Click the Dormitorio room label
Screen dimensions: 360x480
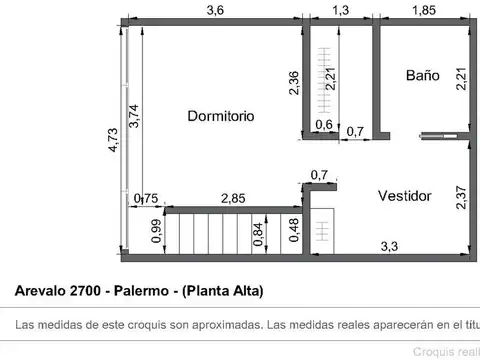pyautogui.click(x=221, y=116)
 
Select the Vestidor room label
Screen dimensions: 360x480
pyautogui.click(x=405, y=196)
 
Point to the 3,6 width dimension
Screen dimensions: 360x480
pyautogui.click(x=215, y=10)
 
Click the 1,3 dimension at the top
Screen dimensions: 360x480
pyautogui.click(x=339, y=10)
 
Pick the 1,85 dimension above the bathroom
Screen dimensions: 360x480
pyautogui.click(x=423, y=10)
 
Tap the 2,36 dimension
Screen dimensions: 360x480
pyautogui.click(x=294, y=82)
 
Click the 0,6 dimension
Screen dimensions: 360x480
pyautogui.click(x=323, y=125)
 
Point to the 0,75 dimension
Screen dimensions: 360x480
pyautogui.click(x=146, y=198)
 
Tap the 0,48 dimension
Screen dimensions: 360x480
pyautogui.click(x=293, y=230)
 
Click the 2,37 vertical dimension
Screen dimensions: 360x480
pyautogui.click(x=461, y=197)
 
